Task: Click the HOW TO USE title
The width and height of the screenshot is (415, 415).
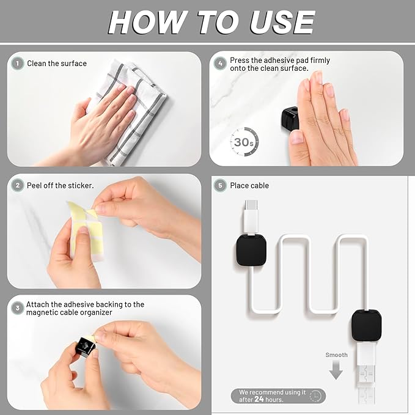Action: pyautogui.click(x=211, y=22)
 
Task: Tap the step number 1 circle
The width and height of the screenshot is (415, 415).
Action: pyautogui.click(x=18, y=64)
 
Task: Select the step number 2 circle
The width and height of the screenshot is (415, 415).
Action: pyautogui.click(x=18, y=185)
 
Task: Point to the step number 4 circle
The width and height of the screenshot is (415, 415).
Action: pyautogui.click(x=220, y=62)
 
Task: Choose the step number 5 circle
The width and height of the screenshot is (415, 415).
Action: pyautogui.click(x=220, y=185)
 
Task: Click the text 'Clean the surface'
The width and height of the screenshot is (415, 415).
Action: pyautogui.click(x=57, y=64)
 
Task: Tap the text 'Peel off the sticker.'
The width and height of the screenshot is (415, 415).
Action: pyautogui.click(x=60, y=185)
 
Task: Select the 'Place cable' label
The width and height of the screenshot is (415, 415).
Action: pyautogui.click(x=249, y=185)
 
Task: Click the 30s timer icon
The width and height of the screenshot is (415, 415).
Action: pyautogui.click(x=244, y=141)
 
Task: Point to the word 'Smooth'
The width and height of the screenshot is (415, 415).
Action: pyautogui.click(x=336, y=355)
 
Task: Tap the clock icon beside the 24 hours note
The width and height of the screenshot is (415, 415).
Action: pyautogui.click(x=315, y=396)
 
